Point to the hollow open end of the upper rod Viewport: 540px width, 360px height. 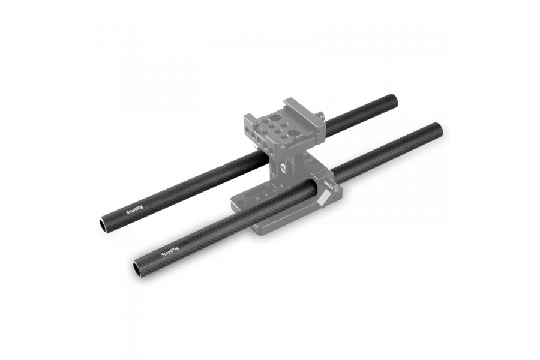(103, 224)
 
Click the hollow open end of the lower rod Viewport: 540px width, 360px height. (135, 265)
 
